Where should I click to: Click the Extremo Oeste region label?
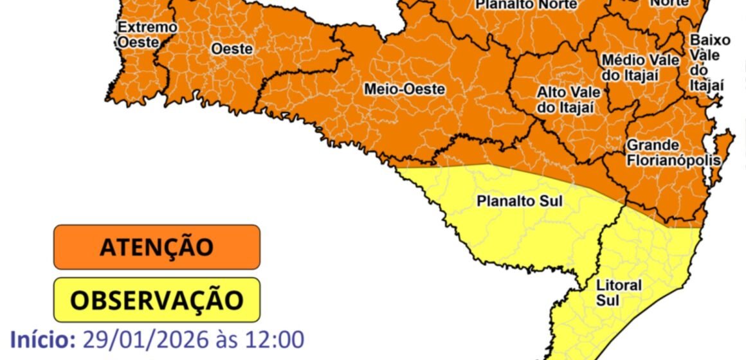tap(138, 35)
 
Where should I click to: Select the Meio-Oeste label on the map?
tap(404, 90)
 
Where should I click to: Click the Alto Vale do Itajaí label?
tap(565, 100)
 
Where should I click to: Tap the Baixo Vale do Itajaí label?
tap(709, 62)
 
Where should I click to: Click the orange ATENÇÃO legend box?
tap(156, 246)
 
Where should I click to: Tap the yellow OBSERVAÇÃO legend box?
tap(156, 300)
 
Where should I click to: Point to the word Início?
tap(42, 339)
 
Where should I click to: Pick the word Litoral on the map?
tap(619, 285)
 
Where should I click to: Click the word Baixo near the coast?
tap(710, 40)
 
